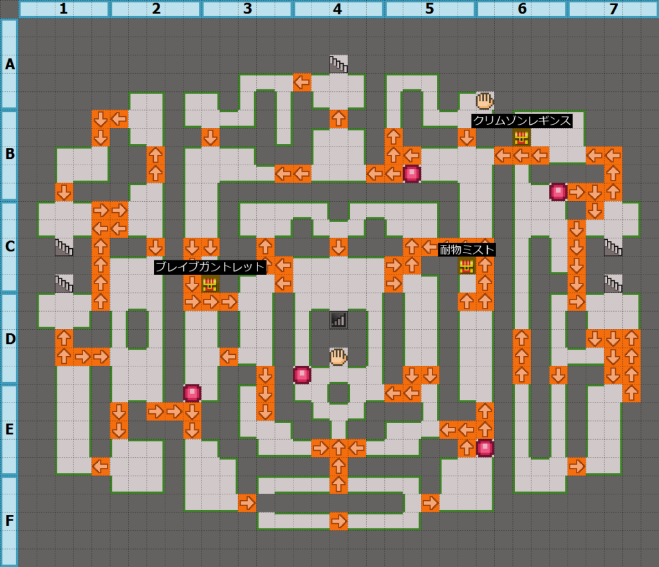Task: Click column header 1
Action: pos(64,9)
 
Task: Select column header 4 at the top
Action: pos(339,9)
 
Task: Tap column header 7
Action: pos(613,9)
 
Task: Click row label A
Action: pos(9,64)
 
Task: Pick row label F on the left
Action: pos(9,521)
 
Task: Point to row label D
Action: pos(9,338)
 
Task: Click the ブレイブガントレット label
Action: pos(210,267)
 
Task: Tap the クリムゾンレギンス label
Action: pos(521,120)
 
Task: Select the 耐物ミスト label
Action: pos(467,249)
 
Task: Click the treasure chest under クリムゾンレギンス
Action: pos(521,137)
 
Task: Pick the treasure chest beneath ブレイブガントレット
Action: pos(210,283)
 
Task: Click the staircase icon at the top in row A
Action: pos(339,64)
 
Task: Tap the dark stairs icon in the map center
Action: pos(339,320)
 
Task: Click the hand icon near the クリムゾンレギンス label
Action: pos(485,100)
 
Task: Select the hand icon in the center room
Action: pos(339,356)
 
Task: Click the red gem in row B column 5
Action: pos(412,174)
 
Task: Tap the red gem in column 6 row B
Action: pos(558,192)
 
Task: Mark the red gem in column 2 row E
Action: pos(192,393)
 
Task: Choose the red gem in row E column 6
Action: pos(485,447)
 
